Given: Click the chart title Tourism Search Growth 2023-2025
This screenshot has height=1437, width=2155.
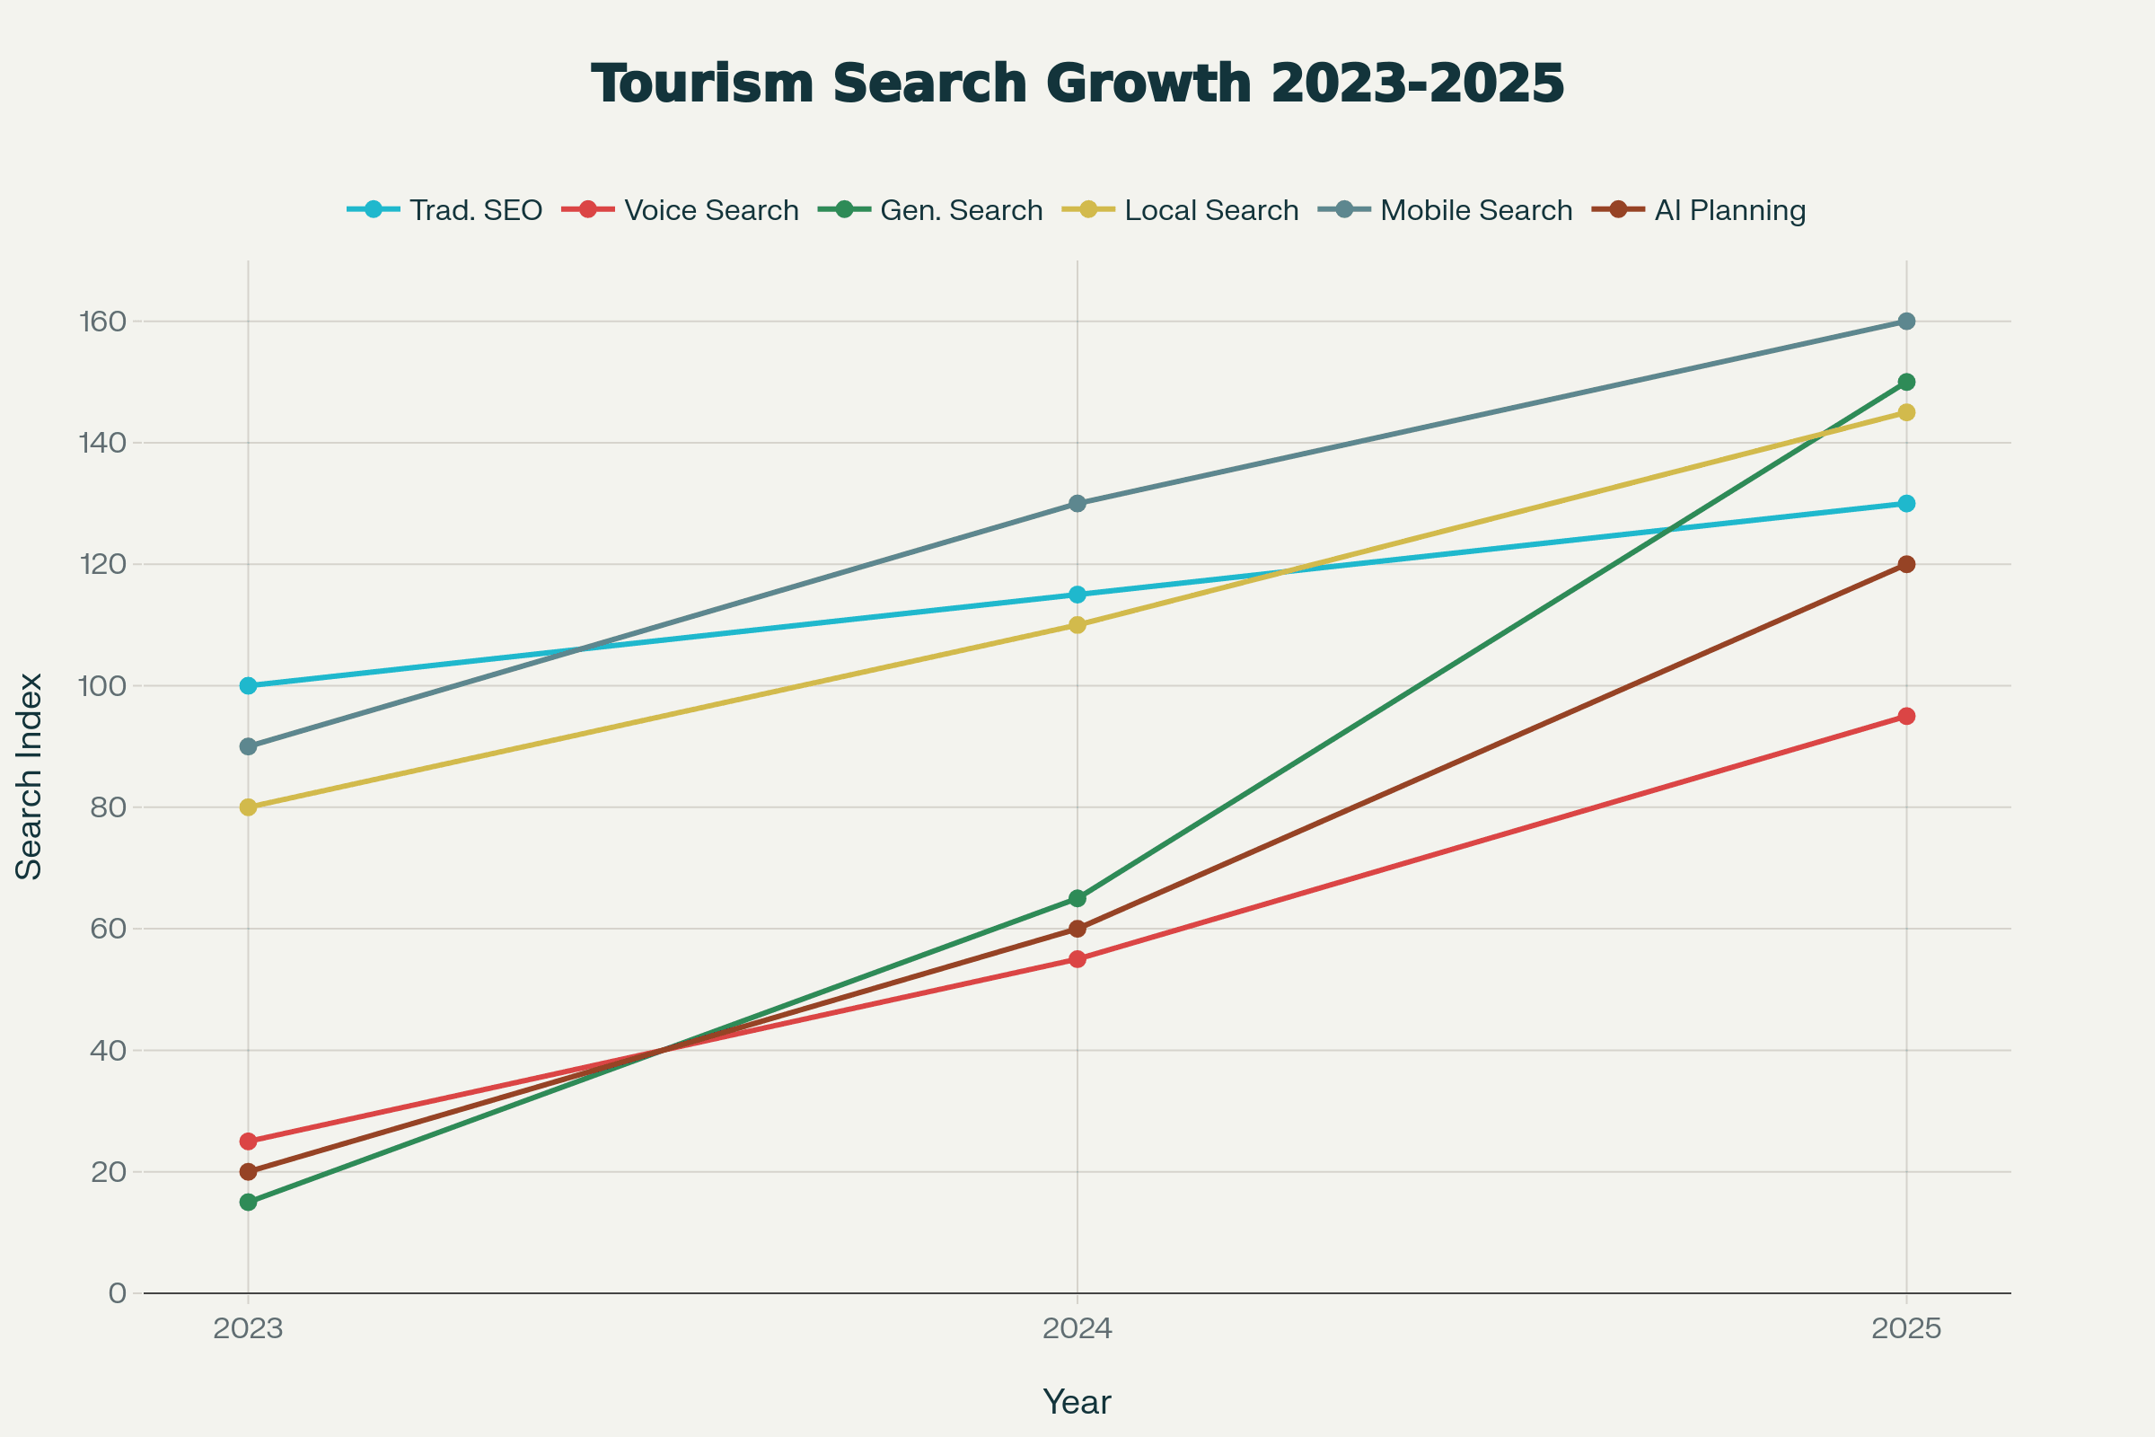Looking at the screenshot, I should click(1077, 84).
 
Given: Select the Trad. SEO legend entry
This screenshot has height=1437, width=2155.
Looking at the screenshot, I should click(445, 210).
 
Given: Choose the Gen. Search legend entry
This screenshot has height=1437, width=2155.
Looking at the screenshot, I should click(931, 210).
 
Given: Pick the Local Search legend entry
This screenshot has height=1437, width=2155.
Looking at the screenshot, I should click(1181, 210).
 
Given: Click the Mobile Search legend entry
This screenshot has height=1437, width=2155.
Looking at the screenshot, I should click(1446, 210).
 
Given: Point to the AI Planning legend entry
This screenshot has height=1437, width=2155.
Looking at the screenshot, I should click(1700, 210).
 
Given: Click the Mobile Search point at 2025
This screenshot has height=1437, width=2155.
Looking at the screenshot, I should click(1906, 322).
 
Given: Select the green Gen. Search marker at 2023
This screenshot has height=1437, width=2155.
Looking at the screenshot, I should click(249, 1203).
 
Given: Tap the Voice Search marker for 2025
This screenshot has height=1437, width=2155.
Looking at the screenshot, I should click(1906, 717).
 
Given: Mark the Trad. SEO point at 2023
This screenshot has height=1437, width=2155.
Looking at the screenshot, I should click(249, 685).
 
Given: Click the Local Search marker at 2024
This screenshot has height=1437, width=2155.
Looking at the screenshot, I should click(1077, 625).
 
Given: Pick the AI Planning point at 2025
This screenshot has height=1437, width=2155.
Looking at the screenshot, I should click(1906, 565).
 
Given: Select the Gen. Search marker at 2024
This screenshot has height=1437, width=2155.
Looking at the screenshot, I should click(1077, 898).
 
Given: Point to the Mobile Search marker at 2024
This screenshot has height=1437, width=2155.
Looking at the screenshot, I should click(1077, 504).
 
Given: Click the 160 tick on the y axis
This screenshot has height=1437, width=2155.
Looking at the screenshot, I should click(102, 322).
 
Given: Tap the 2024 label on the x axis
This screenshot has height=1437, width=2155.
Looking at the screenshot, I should click(1077, 1329).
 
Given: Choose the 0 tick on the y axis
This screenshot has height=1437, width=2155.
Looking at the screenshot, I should click(118, 1293).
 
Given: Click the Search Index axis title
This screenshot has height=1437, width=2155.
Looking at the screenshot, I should click(30, 777).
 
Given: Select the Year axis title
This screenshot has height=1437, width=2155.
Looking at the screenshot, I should click(1077, 1402).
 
